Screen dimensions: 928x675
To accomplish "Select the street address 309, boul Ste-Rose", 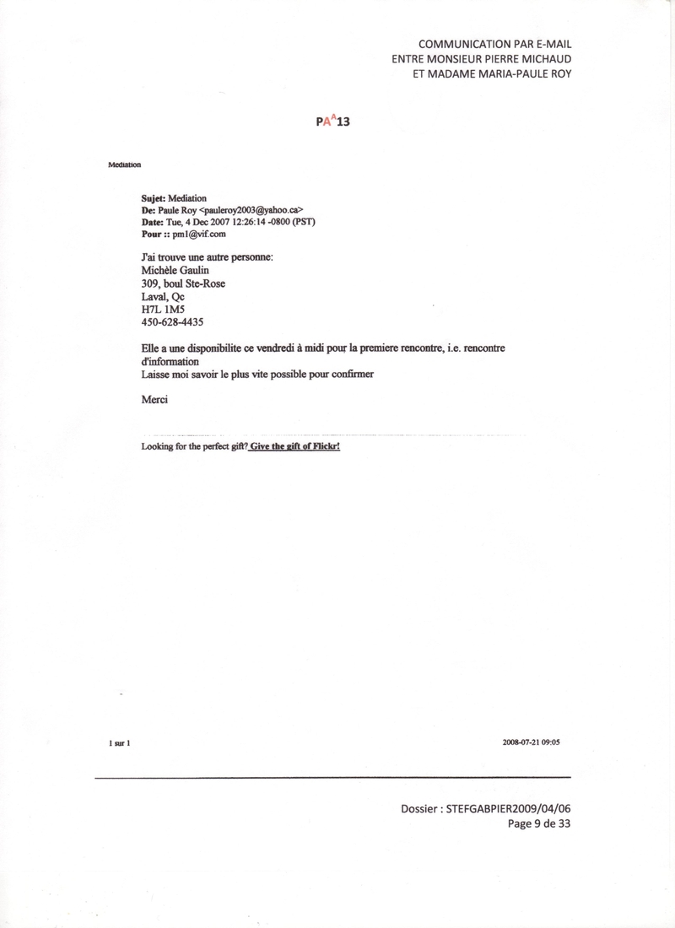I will click(x=183, y=283).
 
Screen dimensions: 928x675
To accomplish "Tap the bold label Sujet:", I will click(x=154, y=199).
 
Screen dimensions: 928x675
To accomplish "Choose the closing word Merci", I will click(x=154, y=400).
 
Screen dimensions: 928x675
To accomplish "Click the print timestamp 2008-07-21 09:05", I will click(x=531, y=742).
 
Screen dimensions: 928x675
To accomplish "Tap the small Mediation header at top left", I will click(x=124, y=165).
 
